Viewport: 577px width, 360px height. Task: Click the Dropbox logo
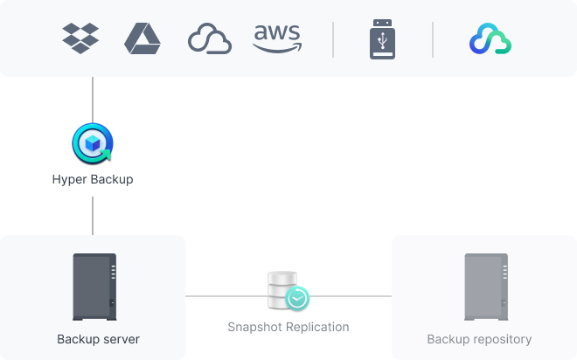[x=80, y=38]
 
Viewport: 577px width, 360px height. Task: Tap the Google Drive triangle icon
[x=142, y=38]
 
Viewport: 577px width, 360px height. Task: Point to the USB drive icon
[x=383, y=39]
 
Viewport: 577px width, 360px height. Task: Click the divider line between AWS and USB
[x=333, y=39]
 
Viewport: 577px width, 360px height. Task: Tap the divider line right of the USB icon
[x=433, y=39]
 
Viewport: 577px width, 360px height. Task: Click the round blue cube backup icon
[x=91, y=142]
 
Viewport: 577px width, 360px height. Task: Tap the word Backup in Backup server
[x=77, y=339]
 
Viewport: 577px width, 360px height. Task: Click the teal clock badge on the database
[x=297, y=299]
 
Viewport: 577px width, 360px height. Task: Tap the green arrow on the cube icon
[x=105, y=156]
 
